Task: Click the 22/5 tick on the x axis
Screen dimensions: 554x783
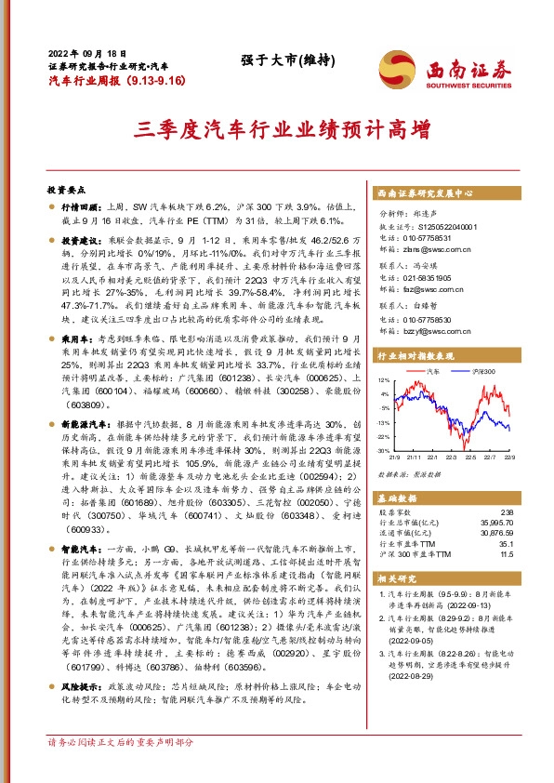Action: pyautogui.click(x=470, y=457)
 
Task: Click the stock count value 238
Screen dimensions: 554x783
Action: pyautogui.click(x=506, y=512)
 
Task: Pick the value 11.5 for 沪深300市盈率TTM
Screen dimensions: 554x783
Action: pyautogui.click(x=506, y=554)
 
